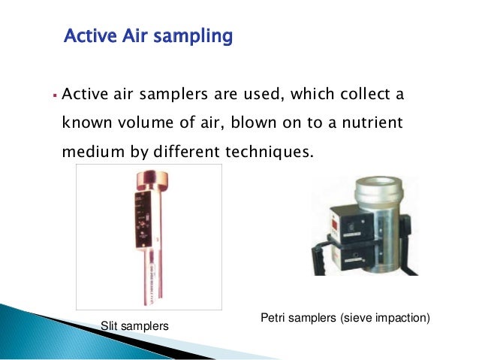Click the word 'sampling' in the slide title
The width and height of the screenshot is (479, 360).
(193, 36)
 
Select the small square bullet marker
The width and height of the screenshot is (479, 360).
(55, 96)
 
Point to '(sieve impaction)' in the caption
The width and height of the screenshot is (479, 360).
(389, 319)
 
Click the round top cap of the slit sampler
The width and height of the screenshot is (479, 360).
(149, 181)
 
